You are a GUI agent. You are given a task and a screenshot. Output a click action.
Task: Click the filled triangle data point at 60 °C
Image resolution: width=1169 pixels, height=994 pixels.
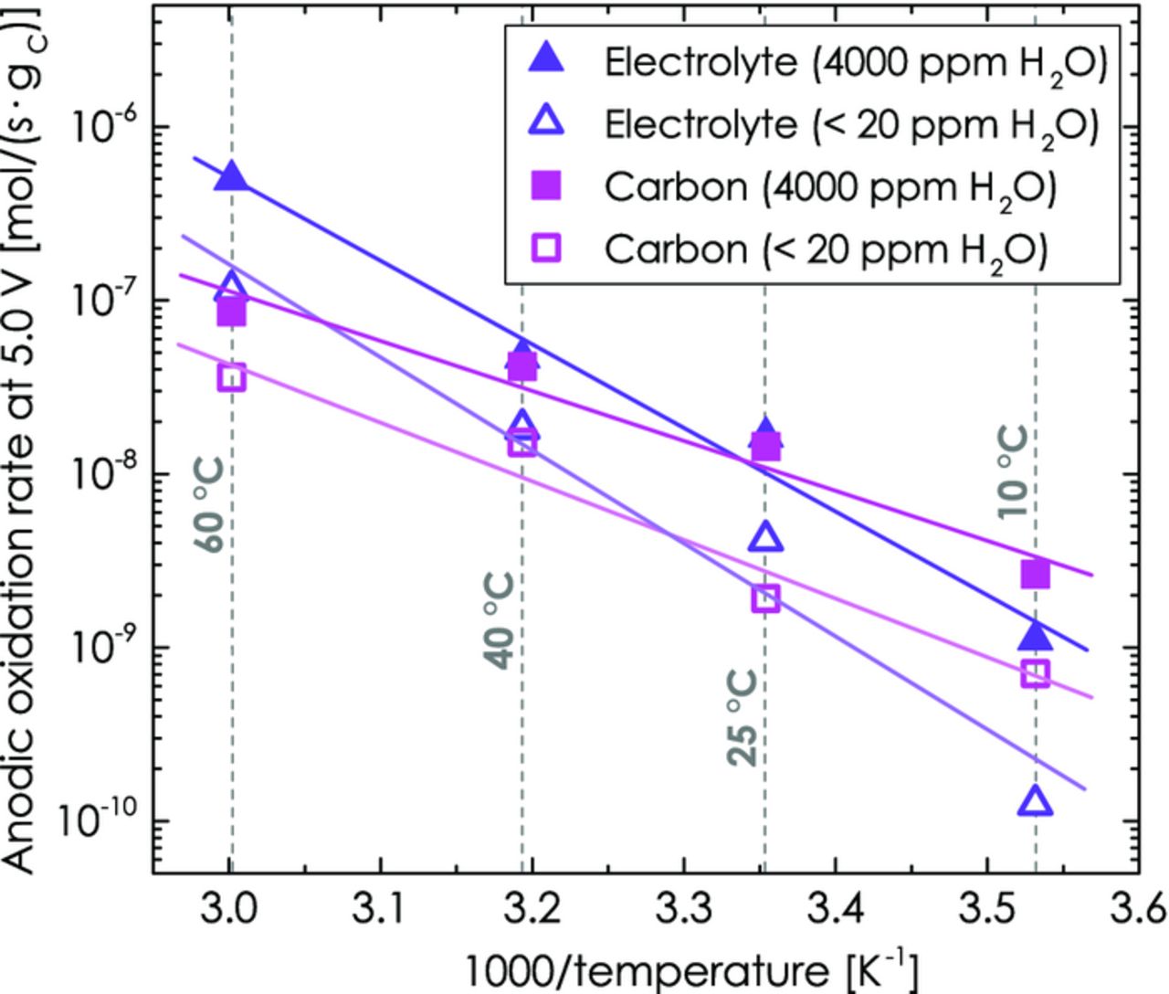[232, 176]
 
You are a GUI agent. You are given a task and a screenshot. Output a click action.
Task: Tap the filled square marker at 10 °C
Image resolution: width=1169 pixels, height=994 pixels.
[1035, 575]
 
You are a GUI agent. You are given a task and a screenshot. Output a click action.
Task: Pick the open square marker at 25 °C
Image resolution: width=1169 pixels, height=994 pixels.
[766, 598]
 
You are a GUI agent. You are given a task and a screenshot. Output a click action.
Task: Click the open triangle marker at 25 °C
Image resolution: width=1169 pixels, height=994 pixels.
[766, 538]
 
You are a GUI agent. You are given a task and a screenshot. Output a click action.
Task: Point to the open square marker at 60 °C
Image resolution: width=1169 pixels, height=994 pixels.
[232, 376]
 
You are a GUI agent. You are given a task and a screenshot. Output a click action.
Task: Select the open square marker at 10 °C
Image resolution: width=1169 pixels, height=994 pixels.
[1035, 673]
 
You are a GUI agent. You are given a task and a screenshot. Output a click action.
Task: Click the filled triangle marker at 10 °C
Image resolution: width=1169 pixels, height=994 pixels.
[1035, 635]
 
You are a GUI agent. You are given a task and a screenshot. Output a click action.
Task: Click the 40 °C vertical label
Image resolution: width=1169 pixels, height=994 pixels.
[500, 621]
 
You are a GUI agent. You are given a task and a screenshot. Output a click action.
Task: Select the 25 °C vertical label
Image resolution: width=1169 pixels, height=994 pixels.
[743, 718]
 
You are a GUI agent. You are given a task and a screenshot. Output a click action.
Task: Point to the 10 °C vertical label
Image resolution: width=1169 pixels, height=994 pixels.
[1013, 472]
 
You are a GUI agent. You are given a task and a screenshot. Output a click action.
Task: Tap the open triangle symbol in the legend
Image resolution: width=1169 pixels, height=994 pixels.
[548, 122]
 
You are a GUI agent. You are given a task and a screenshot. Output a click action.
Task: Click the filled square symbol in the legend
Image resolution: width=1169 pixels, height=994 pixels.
[548, 185]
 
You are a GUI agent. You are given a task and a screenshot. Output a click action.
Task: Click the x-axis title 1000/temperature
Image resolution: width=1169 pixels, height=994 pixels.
[690, 969]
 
